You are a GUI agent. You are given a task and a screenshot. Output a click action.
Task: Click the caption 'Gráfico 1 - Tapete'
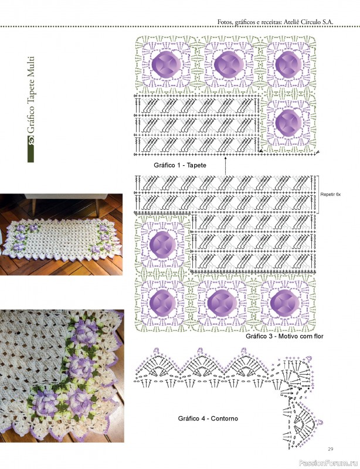(x=180, y=165)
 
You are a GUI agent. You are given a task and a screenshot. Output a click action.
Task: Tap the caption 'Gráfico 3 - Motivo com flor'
(x=284, y=336)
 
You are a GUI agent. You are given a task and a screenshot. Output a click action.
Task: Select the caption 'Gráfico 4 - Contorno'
(x=208, y=419)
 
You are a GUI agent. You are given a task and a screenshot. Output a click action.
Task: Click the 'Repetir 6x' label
(x=330, y=195)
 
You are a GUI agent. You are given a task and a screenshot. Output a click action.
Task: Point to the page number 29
(x=330, y=449)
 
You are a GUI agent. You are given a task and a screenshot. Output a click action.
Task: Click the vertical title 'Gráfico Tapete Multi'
(x=31, y=95)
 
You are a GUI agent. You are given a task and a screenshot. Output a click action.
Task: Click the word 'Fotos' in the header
(x=225, y=22)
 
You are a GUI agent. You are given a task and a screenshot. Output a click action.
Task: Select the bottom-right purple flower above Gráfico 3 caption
(x=284, y=303)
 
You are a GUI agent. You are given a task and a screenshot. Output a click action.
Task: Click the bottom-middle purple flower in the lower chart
(x=222, y=303)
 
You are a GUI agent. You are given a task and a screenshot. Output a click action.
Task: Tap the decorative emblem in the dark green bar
(x=31, y=140)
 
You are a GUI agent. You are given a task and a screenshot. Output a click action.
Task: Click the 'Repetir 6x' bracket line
(x=318, y=194)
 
